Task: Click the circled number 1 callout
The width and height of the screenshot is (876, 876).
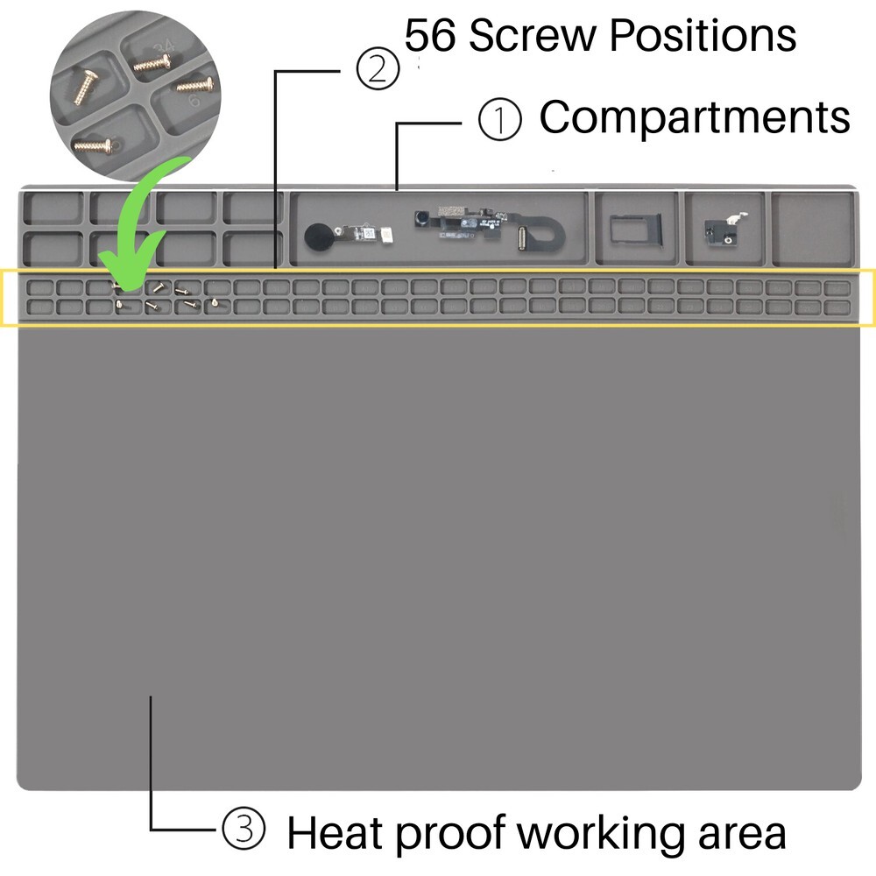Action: click(x=500, y=119)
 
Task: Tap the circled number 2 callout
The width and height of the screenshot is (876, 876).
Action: click(x=378, y=68)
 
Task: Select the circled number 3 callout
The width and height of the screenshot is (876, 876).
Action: click(x=244, y=828)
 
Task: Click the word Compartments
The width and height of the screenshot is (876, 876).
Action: click(x=695, y=118)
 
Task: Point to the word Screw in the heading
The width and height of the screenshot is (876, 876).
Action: click(x=533, y=35)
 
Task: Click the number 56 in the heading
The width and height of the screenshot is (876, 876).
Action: click(x=429, y=35)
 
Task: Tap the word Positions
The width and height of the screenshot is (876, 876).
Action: click(x=703, y=35)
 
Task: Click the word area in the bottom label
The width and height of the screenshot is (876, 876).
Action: click(x=742, y=837)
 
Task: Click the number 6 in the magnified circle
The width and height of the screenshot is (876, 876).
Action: click(x=194, y=101)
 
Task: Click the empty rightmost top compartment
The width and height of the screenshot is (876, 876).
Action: click(x=814, y=228)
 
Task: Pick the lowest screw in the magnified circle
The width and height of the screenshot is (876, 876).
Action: click(x=94, y=146)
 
